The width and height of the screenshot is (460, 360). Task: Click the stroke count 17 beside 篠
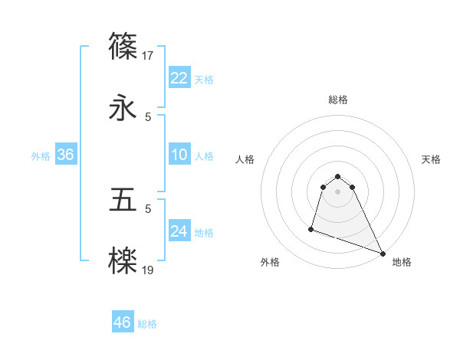(149, 55)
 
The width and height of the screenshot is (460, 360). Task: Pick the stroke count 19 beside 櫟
(149, 270)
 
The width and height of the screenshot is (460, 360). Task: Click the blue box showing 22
(179, 78)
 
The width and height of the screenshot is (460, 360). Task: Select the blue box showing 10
(179, 155)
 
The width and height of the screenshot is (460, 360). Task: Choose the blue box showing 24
(179, 231)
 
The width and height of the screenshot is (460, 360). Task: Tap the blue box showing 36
(65, 155)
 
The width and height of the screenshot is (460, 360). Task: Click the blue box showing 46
(122, 322)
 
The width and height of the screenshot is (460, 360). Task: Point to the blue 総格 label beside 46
(147, 324)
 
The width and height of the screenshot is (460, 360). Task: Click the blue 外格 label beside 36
(41, 156)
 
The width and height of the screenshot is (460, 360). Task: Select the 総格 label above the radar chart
(338, 100)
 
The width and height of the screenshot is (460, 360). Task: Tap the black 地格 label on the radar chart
(402, 262)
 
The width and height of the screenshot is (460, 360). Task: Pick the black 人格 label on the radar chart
(245, 159)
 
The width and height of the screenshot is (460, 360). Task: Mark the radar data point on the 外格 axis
(311, 228)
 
